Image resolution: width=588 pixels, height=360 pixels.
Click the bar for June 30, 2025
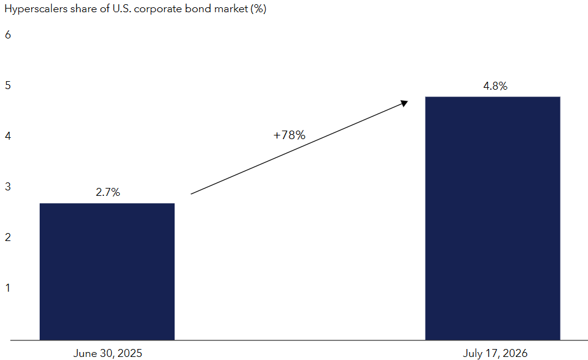[x=107, y=272]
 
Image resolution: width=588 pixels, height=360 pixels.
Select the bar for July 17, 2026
[x=492, y=218]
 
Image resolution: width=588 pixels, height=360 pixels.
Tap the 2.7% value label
[x=108, y=192]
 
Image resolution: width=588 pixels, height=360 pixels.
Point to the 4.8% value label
[x=495, y=86]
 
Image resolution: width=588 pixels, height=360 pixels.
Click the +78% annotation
[x=289, y=135]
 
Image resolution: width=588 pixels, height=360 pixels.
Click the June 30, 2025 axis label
[x=107, y=353]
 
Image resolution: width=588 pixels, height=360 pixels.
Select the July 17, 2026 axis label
[x=495, y=353]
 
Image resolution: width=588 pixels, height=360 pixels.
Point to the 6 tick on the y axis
[x=8, y=35]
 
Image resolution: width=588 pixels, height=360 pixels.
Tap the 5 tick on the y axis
[x=8, y=85]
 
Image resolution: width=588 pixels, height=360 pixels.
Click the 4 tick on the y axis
[x=8, y=136]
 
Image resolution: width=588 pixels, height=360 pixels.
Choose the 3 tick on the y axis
[x=8, y=187]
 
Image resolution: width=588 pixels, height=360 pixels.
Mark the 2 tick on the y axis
[x=8, y=237]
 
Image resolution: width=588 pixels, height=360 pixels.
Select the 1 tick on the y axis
[x=8, y=288]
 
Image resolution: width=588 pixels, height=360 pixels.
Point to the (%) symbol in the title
[x=258, y=9]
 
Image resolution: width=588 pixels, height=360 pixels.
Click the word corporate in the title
[x=158, y=9]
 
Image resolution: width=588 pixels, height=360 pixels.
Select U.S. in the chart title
[x=122, y=9]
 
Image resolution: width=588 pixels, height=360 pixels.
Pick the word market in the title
[x=231, y=9]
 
